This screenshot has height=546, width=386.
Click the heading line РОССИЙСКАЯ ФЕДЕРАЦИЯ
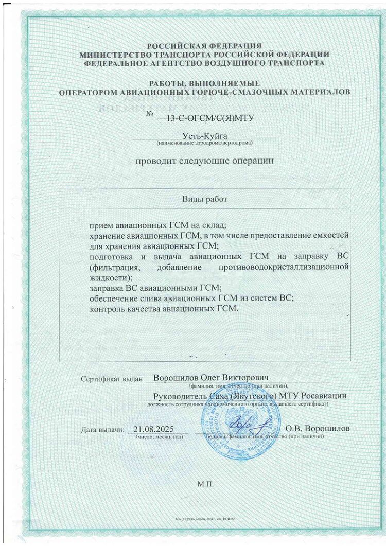point(204,46)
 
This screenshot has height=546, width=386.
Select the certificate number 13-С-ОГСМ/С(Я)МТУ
point(204,118)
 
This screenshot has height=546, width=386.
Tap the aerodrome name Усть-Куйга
point(205,135)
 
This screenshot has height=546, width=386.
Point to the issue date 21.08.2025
point(154,429)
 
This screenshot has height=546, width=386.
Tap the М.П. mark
point(204,484)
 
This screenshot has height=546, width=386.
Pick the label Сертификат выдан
point(111,379)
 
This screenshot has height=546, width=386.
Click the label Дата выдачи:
point(102,430)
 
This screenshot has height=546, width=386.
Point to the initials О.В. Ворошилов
point(318,428)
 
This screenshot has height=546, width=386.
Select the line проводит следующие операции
point(204,161)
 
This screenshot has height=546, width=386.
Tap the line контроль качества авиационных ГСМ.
point(165,309)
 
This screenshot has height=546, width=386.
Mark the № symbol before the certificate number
point(150,114)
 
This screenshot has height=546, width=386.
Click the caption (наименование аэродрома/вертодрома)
point(204,142)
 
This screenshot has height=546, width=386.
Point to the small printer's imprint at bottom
point(204,521)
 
